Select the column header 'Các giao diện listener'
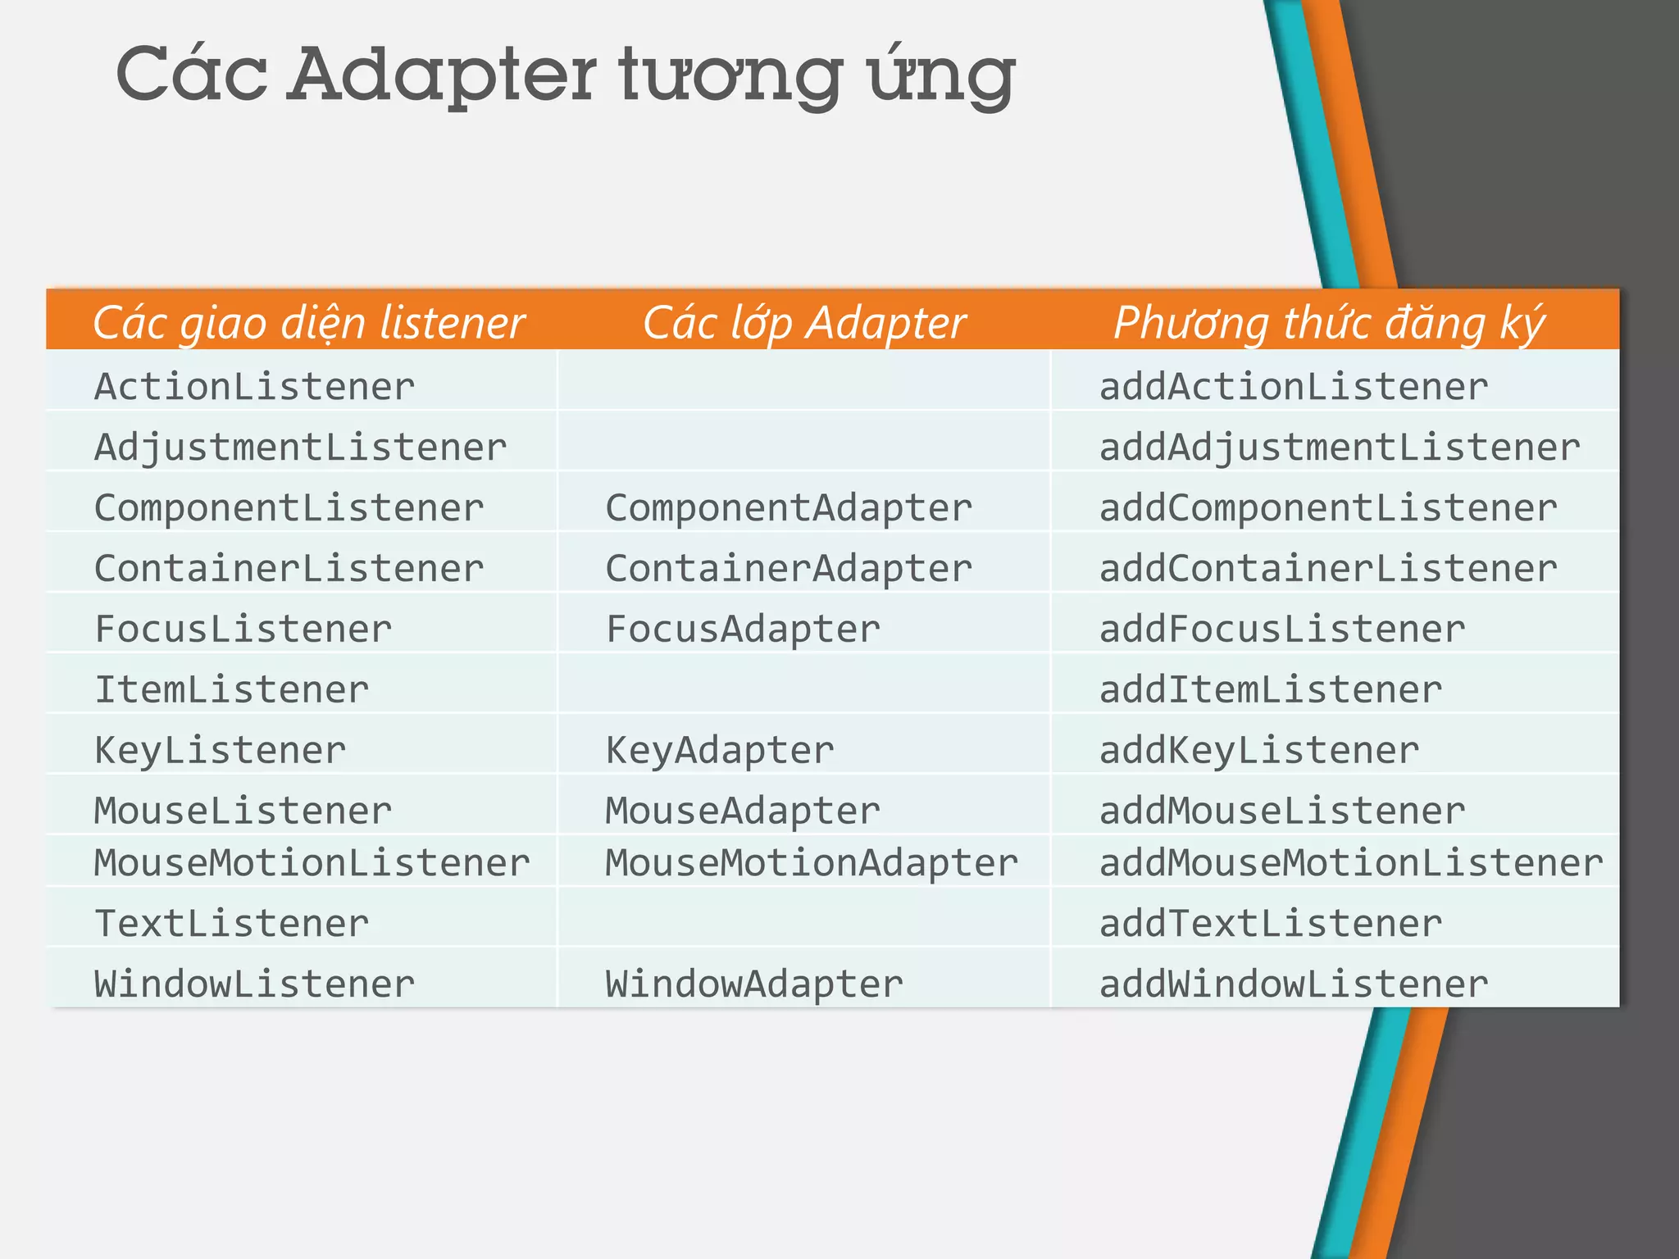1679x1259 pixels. point(308,322)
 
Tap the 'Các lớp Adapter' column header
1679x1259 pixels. point(803,322)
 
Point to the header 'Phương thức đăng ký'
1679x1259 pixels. point(1329,322)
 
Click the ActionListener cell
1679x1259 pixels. point(255,387)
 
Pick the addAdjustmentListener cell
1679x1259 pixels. point(1339,448)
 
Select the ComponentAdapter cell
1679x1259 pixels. point(789,508)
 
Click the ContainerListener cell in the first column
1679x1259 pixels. point(289,569)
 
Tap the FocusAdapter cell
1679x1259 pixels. point(743,629)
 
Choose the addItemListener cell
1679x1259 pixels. point(1270,689)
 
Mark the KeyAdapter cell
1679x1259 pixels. point(720,750)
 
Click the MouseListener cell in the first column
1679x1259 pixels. point(243,811)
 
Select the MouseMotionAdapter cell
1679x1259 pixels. point(812,862)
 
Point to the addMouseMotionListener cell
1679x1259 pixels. point(1350,862)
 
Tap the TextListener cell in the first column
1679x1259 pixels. point(232,923)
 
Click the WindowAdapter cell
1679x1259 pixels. point(754,984)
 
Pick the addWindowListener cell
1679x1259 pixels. point(1293,984)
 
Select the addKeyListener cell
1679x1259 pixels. point(1258,750)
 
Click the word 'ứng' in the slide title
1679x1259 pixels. point(943,78)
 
